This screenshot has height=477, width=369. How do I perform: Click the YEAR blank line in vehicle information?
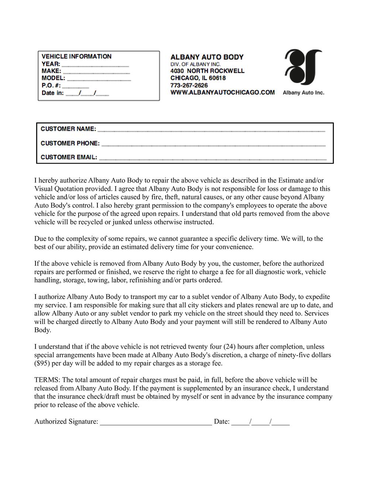click(x=95, y=65)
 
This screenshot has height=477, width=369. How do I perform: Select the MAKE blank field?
click(x=96, y=72)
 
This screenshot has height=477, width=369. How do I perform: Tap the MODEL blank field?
click(x=99, y=79)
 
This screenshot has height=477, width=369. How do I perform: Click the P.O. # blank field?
click(x=76, y=86)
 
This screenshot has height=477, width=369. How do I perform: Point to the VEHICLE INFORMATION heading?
click(x=76, y=56)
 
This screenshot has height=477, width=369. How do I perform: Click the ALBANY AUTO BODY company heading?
click(x=207, y=57)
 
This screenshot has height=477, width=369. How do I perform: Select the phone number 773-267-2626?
click(x=189, y=85)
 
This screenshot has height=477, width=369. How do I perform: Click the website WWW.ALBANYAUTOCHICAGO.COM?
click(x=223, y=93)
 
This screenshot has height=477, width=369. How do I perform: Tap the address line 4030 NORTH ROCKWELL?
click(x=207, y=71)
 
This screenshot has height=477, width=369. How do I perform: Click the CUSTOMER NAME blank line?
click(x=211, y=130)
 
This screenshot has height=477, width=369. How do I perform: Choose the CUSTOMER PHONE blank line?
click(x=213, y=145)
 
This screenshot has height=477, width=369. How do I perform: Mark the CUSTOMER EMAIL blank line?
click(x=213, y=159)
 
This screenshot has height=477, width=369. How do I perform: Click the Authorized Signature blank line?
click(x=156, y=424)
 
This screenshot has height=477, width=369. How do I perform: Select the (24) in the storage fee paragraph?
click(x=230, y=347)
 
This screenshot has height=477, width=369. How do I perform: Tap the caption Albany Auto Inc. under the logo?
click(x=303, y=93)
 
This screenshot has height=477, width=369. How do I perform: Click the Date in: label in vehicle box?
click(x=52, y=93)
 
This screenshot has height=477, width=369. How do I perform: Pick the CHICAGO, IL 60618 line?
click(x=198, y=78)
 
